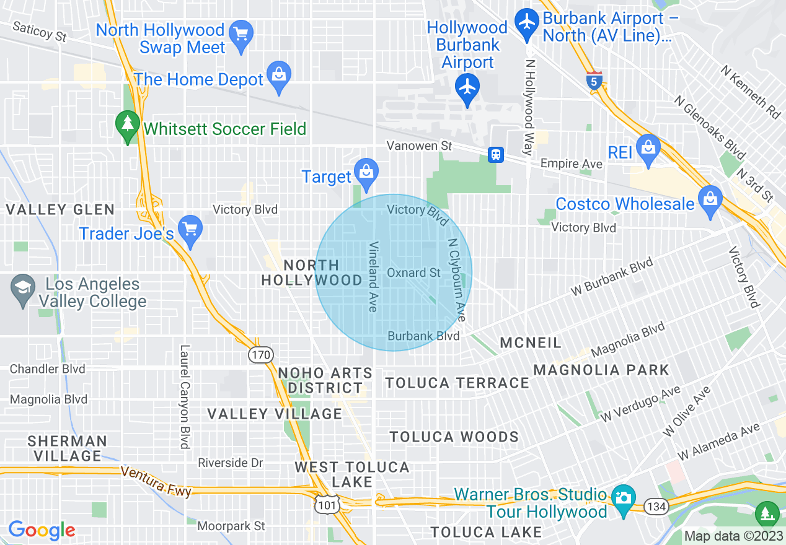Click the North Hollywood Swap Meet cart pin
click(239, 36)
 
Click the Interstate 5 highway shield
click(594, 81)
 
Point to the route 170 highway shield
click(260, 355)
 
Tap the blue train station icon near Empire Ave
click(495, 154)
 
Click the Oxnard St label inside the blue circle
click(413, 272)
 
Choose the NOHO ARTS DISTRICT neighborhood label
click(325, 380)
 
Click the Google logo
click(42, 530)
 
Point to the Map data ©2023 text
click(732, 536)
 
